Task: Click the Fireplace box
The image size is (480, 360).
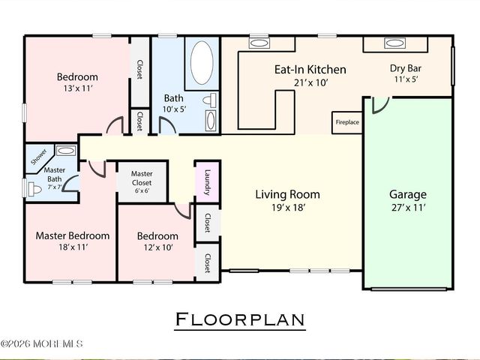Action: point(347,122)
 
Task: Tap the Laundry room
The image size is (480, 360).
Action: point(208,181)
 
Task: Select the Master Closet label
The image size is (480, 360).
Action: point(142,178)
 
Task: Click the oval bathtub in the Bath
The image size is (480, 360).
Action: point(202,62)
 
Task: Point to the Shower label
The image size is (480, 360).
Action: point(39,157)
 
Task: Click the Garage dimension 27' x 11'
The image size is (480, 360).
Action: point(408,208)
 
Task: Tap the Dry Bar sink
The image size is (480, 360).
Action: point(395,43)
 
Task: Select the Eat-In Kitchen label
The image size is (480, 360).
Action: point(310,70)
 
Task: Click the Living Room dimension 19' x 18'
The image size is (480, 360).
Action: point(288,208)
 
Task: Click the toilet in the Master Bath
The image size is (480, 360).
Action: point(34,189)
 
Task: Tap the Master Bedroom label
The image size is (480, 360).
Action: point(73,235)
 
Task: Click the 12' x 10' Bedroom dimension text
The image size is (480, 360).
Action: point(158,247)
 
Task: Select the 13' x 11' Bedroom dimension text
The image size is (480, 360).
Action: point(78,88)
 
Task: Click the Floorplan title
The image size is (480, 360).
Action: point(240,319)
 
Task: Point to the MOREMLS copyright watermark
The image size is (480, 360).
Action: point(41,343)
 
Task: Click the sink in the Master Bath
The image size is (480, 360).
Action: point(66,151)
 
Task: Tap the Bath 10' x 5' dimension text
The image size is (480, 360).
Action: point(174,109)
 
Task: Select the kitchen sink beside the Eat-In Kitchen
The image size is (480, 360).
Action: point(259,43)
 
